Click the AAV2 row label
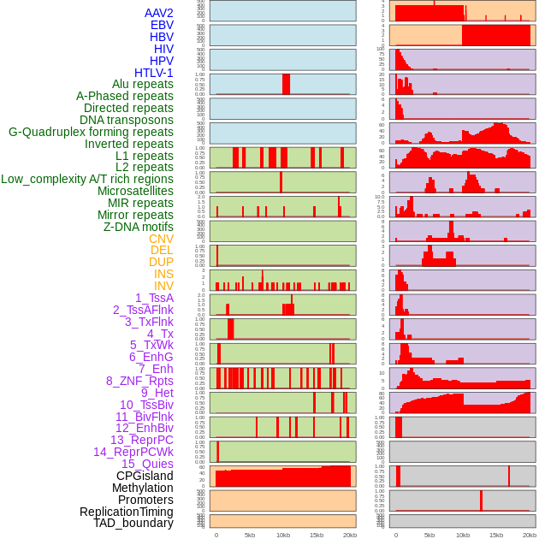(x=158, y=13)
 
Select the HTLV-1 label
(x=153, y=73)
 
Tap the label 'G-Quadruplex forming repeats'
(x=91, y=132)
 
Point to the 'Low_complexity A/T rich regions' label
(x=87, y=179)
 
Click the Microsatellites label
(x=135, y=191)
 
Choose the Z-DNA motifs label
(x=138, y=227)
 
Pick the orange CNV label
(x=161, y=239)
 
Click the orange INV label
(x=163, y=286)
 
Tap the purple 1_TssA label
(x=154, y=298)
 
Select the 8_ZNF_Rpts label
(x=139, y=381)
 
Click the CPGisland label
(x=145, y=476)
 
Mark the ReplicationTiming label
(x=126, y=512)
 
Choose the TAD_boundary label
(x=133, y=523)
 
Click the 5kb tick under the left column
(x=250, y=535)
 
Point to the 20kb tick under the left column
(x=350, y=535)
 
